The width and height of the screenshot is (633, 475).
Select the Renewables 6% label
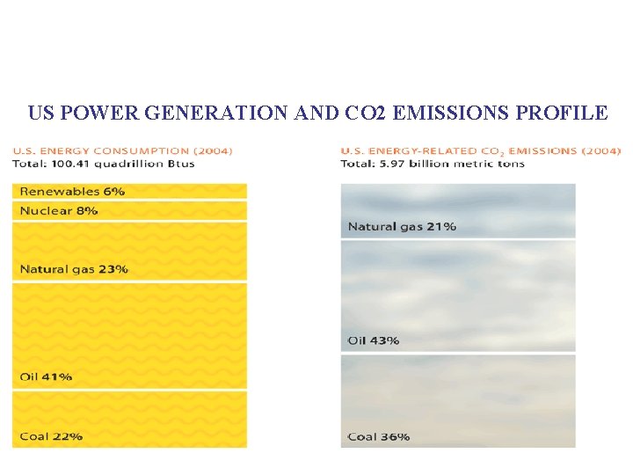(72, 191)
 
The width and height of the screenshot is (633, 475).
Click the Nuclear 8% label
(59, 210)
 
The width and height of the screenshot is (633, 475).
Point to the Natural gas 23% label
(74, 268)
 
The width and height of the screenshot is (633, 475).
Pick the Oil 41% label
(46, 376)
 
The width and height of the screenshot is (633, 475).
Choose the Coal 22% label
(51, 436)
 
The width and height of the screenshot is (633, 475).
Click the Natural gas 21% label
(402, 226)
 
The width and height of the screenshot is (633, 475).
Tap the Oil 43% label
(374, 340)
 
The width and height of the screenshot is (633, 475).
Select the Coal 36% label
(379, 436)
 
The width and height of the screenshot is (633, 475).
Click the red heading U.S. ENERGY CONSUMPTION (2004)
(122, 150)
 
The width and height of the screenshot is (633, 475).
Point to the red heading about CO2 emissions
(480, 150)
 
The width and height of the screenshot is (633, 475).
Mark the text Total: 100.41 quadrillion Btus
(104, 163)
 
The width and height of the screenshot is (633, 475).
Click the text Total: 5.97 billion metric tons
(433, 163)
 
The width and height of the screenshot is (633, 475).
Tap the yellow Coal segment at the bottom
(158, 420)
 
